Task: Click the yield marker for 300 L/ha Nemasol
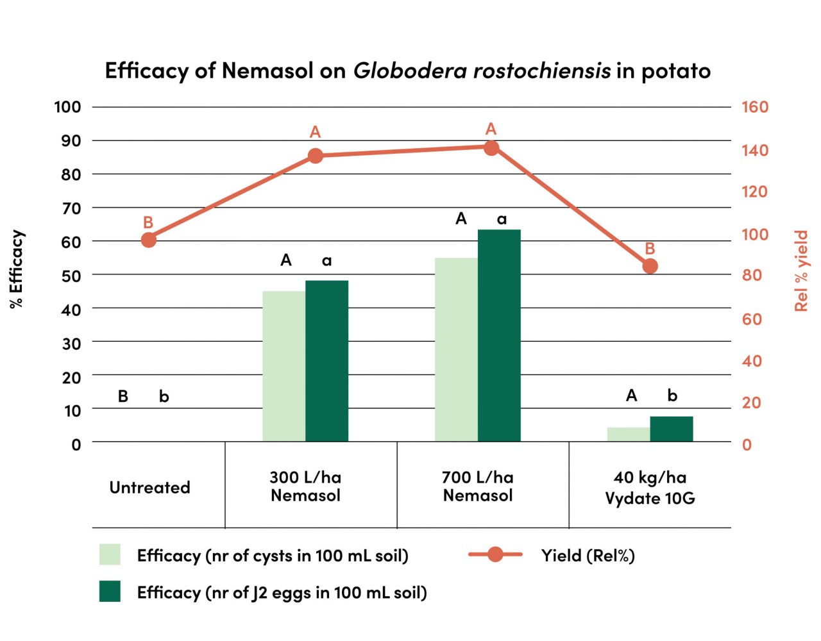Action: [x=315, y=156]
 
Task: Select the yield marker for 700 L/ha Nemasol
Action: [x=491, y=148]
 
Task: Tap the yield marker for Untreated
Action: [x=148, y=240]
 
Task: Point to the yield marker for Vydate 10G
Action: [x=650, y=266]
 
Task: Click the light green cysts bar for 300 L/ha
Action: [x=284, y=366]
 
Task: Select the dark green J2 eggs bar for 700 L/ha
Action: [x=499, y=335]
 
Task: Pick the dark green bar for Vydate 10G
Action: [x=672, y=429]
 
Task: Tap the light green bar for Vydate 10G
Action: [x=629, y=434]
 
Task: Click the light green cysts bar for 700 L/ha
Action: [x=456, y=349]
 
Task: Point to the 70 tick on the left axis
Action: [x=71, y=208]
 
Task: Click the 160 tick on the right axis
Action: [x=754, y=107]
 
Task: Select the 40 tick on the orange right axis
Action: [x=752, y=361]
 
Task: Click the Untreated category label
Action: [x=149, y=488]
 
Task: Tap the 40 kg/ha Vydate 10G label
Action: [x=650, y=488]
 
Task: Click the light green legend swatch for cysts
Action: [x=110, y=554]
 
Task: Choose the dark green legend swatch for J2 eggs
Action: [x=110, y=592]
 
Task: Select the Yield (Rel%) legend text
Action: [x=588, y=555]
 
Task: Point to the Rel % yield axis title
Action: [x=801, y=271]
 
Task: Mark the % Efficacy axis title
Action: [x=17, y=269]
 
